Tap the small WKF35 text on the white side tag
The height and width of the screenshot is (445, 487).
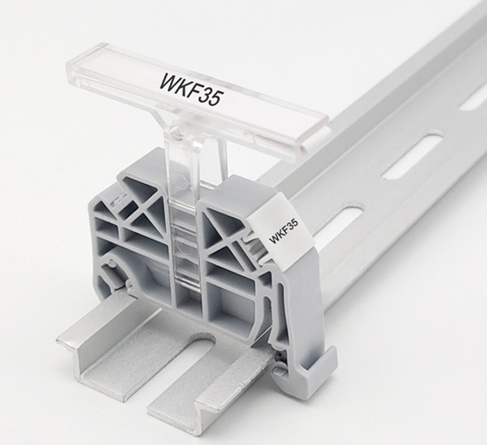[x=284, y=231]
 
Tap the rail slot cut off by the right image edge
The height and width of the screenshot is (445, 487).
[x=473, y=102]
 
